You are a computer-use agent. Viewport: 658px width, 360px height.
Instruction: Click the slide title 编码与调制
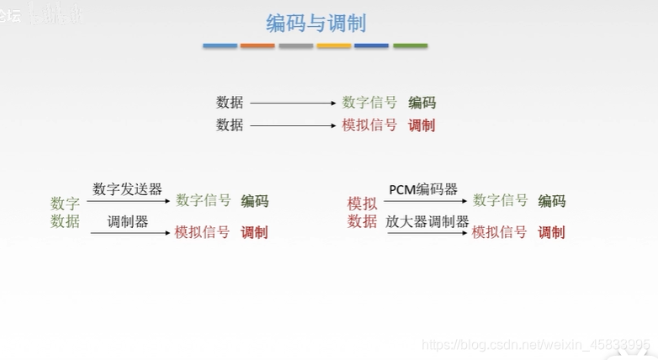(316, 23)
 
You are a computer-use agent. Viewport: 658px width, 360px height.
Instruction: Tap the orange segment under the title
(257, 45)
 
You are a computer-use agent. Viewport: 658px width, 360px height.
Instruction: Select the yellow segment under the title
(334, 45)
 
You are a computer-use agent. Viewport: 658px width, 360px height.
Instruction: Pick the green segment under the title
(411, 45)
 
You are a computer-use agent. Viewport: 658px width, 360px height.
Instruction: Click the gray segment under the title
(296, 45)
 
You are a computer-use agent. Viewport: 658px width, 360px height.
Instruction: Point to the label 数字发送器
(127, 188)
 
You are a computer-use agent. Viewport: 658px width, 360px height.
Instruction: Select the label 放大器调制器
(427, 221)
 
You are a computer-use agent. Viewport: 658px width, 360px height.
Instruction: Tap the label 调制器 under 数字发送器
(128, 221)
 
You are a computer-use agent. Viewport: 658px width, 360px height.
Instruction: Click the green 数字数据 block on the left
(65, 212)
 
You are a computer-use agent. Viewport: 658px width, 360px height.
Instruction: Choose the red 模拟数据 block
(362, 212)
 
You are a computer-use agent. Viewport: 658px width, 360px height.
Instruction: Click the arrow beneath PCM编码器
(425, 201)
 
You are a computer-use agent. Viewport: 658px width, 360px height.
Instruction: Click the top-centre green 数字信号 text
(369, 103)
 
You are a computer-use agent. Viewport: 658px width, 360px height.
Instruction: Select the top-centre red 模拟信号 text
(369, 125)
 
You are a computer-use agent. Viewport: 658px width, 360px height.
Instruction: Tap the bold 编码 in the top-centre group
(422, 103)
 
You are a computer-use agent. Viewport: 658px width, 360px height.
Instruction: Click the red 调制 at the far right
(551, 232)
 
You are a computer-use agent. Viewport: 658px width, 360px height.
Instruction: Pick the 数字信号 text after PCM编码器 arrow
(501, 200)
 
